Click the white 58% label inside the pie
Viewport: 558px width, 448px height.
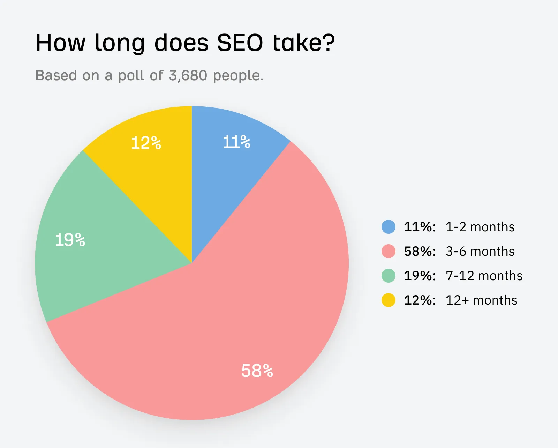click(x=257, y=371)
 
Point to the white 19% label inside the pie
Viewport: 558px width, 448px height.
click(x=70, y=240)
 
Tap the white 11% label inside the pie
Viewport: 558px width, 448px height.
click(x=236, y=142)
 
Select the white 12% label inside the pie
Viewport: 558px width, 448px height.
click(x=146, y=143)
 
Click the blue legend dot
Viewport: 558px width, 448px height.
click(x=389, y=227)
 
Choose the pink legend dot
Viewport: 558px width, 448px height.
click(x=389, y=251)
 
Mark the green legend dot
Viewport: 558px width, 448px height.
click(x=389, y=276)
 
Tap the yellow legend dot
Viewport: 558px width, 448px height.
click(x=389, y=300)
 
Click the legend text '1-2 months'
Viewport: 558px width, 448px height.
click(x=480, y=227)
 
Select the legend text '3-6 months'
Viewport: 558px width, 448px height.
click(x=480, y=252)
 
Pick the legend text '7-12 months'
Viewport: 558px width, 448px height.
click(x=484, y=276)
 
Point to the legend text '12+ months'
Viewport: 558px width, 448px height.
click(x=481, y=300)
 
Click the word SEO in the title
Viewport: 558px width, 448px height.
click(x=240, y=43)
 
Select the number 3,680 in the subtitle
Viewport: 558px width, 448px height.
click(x=188, y=75)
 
